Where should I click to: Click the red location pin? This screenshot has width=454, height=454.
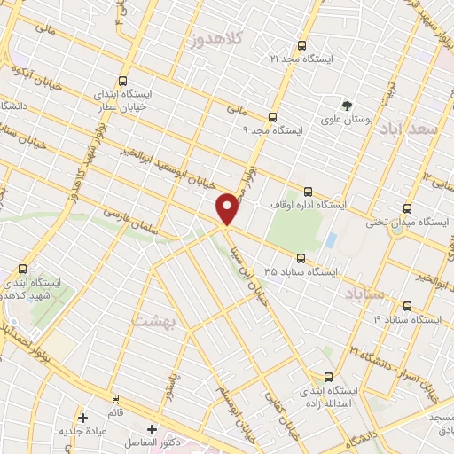[x=228, y=207]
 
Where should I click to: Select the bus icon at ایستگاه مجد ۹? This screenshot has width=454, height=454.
[x=271, y=116]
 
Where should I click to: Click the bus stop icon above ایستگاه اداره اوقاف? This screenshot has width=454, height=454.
[x=308, y=191]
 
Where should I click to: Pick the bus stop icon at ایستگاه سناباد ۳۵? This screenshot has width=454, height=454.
[x=301, y=258]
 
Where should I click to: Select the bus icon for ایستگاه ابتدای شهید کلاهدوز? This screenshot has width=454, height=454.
[x=22, y=268]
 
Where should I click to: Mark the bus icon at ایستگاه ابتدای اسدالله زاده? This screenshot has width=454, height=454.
[x=329, y=376]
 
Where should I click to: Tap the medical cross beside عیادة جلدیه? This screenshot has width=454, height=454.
[x=82, y=417]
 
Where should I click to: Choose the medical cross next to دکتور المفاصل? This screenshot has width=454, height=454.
[x=152, y=429]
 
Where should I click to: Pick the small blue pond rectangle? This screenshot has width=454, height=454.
[x=331, y=240]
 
